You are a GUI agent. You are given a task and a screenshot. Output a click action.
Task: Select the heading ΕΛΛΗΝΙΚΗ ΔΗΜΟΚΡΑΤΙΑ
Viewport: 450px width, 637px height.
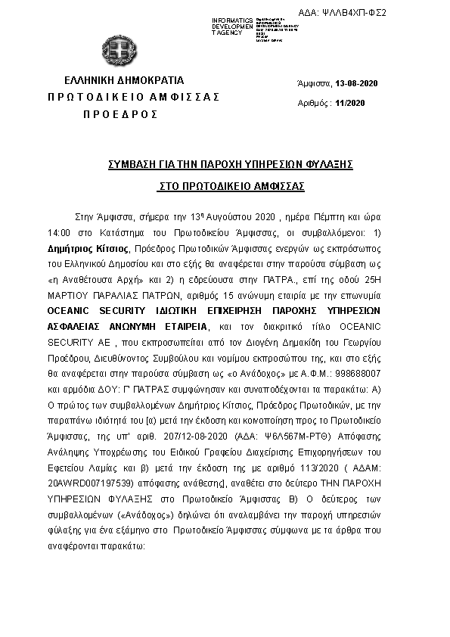tap(124, 80)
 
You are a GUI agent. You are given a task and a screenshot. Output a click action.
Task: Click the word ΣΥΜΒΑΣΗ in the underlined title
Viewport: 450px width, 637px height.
tap(137, 163)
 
